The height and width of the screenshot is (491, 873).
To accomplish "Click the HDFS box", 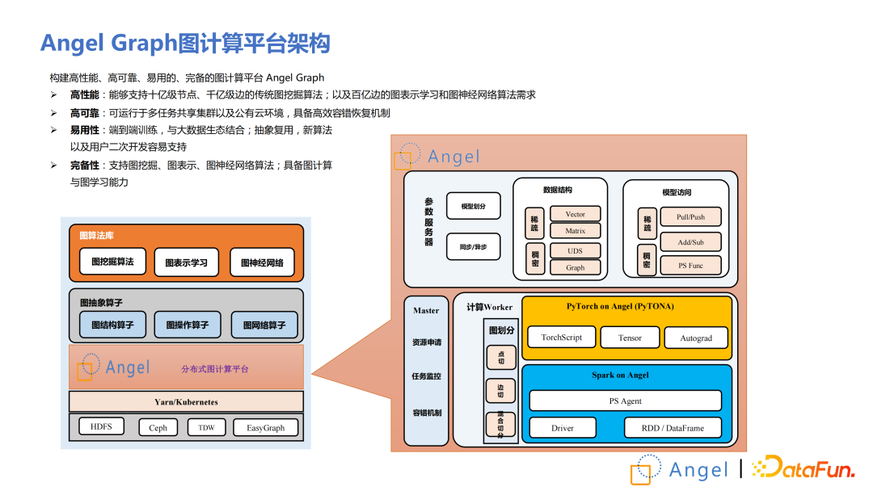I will click(101, 426).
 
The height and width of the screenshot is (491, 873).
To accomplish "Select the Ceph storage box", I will click(158, 428).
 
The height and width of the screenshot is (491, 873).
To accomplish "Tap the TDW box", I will click(206, 427).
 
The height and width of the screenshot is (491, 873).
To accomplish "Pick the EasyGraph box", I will click(265, 428).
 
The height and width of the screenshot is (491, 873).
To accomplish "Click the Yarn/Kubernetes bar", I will click(186, 401).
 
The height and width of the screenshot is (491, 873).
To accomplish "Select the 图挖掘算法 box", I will click(112, 262).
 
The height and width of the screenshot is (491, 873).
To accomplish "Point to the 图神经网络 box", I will click(262, 262).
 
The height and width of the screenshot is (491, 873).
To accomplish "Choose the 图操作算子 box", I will click(187, 325).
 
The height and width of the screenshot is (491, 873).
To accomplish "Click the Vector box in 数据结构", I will click(575, 214).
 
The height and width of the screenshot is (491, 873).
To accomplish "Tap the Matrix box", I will click(575, 231).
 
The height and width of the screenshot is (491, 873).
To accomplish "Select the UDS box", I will click(575, 251).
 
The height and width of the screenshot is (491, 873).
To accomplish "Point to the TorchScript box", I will click(562, 338).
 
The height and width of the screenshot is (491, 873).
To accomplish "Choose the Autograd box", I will click(696, 338).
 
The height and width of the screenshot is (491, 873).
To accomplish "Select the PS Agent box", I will click(625, 401).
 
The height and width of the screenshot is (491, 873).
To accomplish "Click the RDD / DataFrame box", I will click(673, 428).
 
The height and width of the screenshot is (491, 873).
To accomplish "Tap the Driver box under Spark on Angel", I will click(563, 428).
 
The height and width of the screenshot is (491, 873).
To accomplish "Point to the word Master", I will click(426, 310).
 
